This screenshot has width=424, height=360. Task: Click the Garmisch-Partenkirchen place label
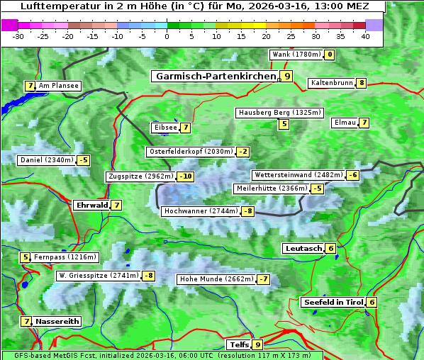[216, 76]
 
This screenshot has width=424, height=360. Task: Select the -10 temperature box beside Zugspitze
[186, 176]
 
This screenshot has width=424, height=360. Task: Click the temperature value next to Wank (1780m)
[330, 55]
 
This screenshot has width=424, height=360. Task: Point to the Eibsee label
[165, 128]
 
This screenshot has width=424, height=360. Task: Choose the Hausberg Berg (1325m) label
[279, 113]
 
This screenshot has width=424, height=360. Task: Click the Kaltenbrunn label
[331, 83]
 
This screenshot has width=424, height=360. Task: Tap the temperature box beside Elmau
[364, 123]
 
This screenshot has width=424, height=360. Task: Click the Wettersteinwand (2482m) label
[299, 175]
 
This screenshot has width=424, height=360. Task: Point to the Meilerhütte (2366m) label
[272, 189]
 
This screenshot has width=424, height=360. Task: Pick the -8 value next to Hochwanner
[247, 211]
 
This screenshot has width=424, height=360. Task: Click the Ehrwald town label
[91, 205]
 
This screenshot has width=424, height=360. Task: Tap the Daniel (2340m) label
[46, 160]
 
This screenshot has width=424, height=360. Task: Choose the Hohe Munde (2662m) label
[216, 279]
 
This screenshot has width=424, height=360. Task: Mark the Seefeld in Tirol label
[333, 302]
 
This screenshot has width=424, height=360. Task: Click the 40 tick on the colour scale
[365, 36]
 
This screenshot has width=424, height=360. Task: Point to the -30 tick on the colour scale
[18, 36]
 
